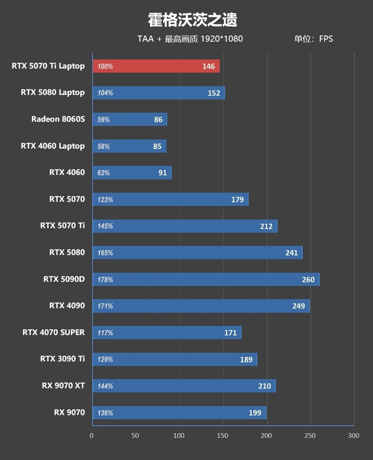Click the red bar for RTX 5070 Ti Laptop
click(156, 66)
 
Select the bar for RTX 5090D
click(206, 280)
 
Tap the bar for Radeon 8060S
click(130, 120)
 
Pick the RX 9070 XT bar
click(184, 386)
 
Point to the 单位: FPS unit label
click(313, 39)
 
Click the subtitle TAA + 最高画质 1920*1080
click(190, 39)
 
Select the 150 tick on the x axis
click(223, 436)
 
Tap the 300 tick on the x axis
click(354, 436)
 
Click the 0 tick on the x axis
click(92, 436)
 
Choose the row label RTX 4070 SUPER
click(54, 332)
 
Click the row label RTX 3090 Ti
click(62, 359)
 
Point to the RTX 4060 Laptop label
click(53, 146)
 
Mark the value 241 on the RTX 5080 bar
click(291, 253)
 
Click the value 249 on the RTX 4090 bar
click(298, 306)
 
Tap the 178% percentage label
click(105, 280)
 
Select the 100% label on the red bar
click(105, 67)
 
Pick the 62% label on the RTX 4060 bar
click(104, 173)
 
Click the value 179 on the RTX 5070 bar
click(237, 200)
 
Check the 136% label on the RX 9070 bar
click(105, 413)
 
